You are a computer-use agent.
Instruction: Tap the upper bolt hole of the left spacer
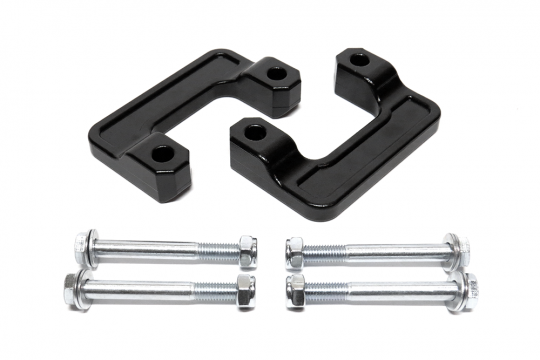coord(275,73)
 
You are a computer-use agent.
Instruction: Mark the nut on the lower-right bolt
coord(296,290)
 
